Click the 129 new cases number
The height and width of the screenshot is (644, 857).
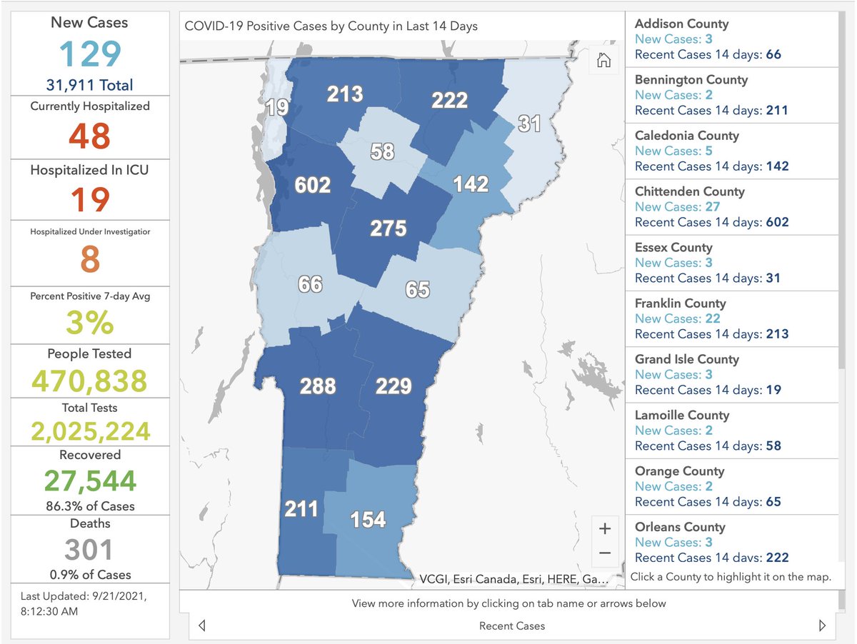(x=90, y=54)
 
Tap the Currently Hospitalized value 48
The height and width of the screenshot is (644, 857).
(x=90, y=136)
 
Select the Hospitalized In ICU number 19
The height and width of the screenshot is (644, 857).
(x=90, y=199)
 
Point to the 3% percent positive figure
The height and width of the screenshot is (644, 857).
(x=90, y=323)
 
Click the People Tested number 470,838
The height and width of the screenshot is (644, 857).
(x=90, y=381)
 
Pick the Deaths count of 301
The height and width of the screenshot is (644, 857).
(x=90, y=550)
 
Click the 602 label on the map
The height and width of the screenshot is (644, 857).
(x=313, y=186)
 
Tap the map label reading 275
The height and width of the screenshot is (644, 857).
(x=388, y=228)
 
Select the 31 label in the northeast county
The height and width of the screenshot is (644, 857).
(x=529, y=124)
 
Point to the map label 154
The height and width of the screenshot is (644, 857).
(x=368, y=519)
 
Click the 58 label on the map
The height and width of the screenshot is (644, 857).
(x=383, y=151)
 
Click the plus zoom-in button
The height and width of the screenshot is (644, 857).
(x=605, y=529)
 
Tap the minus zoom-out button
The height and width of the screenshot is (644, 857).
(x=605, y=553)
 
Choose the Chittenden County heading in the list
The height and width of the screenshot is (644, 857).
(x=689, y=191)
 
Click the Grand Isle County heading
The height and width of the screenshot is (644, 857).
(x=686, y=359)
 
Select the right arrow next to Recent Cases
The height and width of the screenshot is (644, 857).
(x=822, y=625)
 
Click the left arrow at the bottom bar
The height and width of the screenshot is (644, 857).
(x=202, y=625)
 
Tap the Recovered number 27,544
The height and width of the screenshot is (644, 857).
(x=90, y=481)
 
